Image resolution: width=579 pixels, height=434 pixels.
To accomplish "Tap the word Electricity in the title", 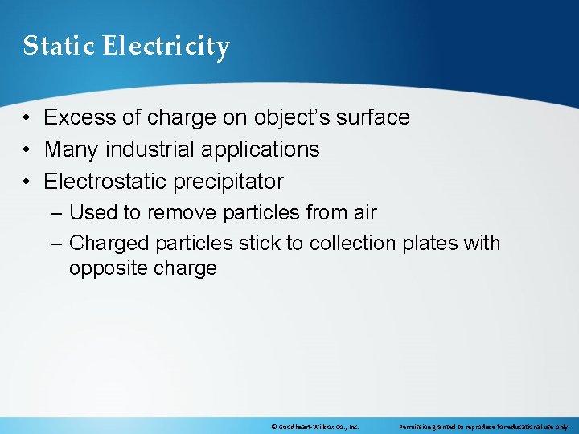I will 166,46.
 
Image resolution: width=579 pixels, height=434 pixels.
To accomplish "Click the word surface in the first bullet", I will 371,117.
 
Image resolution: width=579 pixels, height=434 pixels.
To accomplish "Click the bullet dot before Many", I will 27,149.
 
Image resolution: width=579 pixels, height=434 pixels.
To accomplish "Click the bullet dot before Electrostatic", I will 27,182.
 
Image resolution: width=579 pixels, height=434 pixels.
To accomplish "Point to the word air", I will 363,213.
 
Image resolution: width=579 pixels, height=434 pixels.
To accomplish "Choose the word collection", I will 352,243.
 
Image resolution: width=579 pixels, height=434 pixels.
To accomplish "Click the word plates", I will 430,243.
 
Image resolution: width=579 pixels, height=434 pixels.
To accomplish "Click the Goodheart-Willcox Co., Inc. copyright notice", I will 315,428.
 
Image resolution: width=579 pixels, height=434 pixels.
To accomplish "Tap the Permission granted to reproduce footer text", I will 483,428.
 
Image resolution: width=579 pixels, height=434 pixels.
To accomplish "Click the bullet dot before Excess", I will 27,117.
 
